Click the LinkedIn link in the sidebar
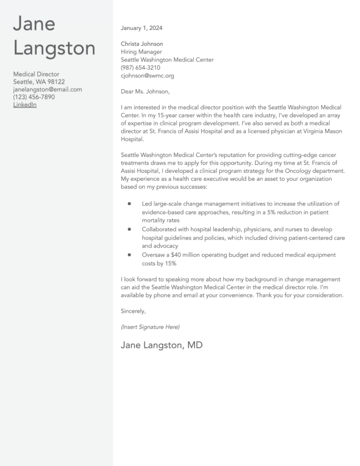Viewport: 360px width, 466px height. [25, 105]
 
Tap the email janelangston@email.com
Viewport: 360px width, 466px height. [47, 89]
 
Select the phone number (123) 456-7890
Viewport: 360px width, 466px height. [34, 97]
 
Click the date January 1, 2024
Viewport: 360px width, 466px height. [142, 28]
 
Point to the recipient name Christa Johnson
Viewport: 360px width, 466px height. [142, 44]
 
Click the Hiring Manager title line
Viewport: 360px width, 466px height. [141, 52]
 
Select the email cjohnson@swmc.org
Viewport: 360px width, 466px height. [147, 75]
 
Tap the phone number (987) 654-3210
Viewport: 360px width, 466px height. [141, 68]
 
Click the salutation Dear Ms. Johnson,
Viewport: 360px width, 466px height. [145, 91]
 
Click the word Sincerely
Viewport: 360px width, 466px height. [133, 311]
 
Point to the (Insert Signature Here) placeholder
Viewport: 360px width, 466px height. [150, 326]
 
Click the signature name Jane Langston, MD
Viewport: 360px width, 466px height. [162, 346]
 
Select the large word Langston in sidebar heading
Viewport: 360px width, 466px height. [54, 48]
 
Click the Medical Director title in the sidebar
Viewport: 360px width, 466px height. [36, 74]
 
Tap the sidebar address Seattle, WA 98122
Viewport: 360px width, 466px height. [39, 82]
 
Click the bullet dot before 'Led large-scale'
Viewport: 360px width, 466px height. [128, 204]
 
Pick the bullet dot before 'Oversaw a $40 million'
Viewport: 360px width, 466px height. [128, 255]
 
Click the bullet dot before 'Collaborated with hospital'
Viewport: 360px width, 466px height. [128, 230]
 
